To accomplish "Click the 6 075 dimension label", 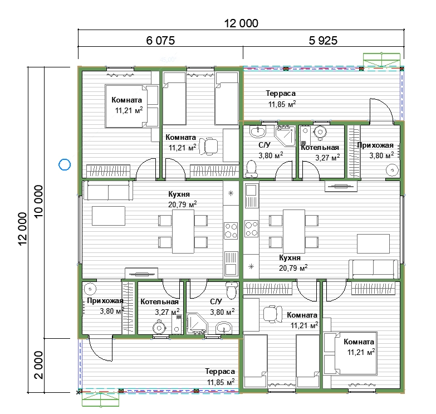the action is coord(160,41).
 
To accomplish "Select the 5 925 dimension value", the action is coord(323,41).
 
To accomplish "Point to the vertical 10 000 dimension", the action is coord(38,202).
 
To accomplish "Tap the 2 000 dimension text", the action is coord(38,365).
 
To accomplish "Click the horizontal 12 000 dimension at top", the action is coord(241,23).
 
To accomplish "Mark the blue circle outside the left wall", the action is coord(65,164).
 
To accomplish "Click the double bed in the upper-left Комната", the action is coord(131,106).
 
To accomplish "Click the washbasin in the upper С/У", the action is coord(258,131).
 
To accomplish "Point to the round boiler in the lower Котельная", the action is coord(159,328).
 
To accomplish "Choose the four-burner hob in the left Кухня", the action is coord(231,231).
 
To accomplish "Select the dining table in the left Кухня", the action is coord(183,231).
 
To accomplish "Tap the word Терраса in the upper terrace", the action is coord(281,93).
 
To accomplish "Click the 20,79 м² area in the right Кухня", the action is coord(293,268).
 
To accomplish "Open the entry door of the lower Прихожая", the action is coord(100,350).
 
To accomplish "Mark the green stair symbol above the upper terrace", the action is coord(382,59).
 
